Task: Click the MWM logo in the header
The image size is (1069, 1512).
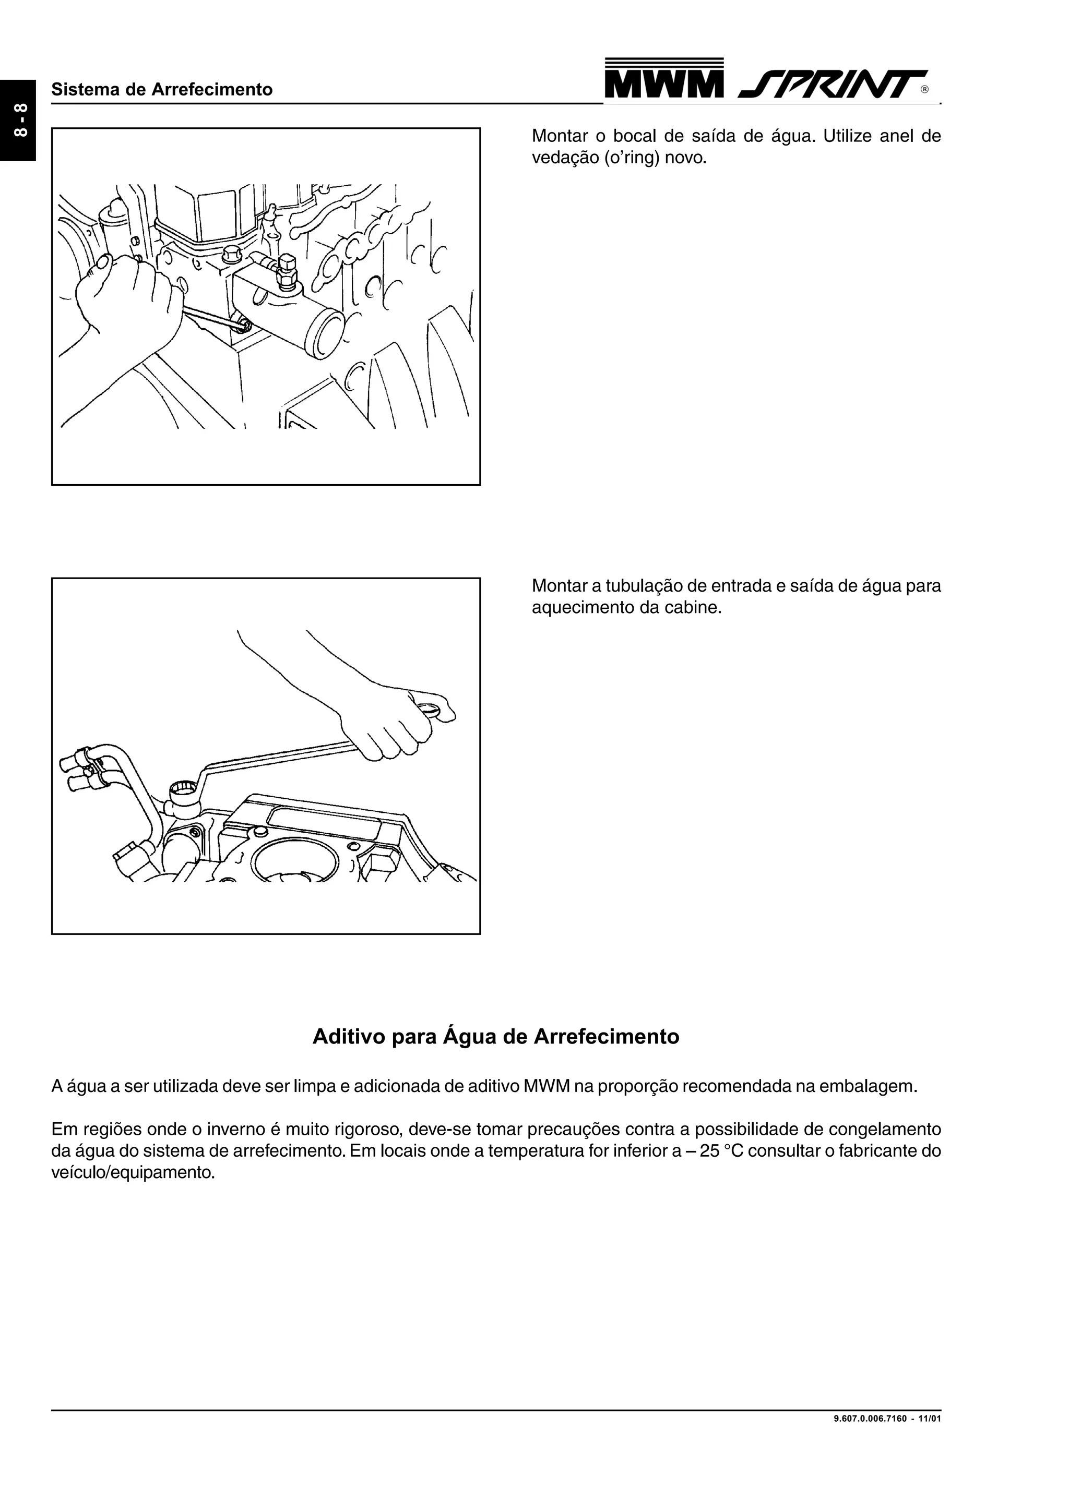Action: tap(663, 80)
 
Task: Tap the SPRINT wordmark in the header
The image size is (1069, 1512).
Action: tap(831, 85)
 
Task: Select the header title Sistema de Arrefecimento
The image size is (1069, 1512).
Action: tap(162, 90)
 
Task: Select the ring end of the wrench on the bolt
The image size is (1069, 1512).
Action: tap(181, 790)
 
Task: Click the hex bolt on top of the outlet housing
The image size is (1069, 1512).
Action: tap(287, 270)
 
